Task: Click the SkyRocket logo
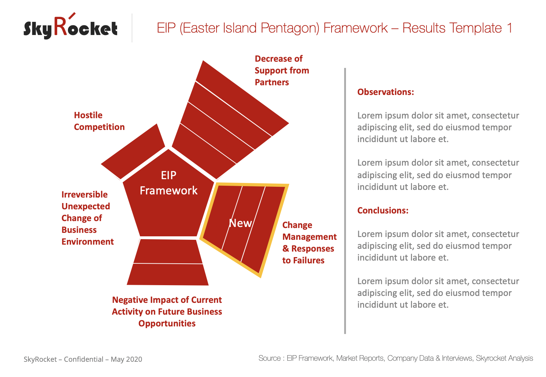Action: point(70,26)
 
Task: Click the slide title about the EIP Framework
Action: point(334,28)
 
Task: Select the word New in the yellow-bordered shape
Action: point(240,223)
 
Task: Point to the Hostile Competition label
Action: point(99,121)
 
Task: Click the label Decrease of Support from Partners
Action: point(282,70)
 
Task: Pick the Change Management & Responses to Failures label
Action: point(309,243)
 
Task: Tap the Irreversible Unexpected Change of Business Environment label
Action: point(88,218)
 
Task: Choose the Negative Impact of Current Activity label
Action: point(167,312)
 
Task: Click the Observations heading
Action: point(386,92)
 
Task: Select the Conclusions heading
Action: point(383,210)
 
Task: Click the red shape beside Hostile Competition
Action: point(133,151)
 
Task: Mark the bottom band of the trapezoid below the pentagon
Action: point(168,274)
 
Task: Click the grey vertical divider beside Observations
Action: point(345,201)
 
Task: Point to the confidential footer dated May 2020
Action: point(83,359)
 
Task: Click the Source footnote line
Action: point(396,358)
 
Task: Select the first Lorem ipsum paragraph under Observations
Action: point(438,127)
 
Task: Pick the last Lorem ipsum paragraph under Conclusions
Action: point(438,293)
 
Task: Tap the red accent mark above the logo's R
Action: point(72,16)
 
